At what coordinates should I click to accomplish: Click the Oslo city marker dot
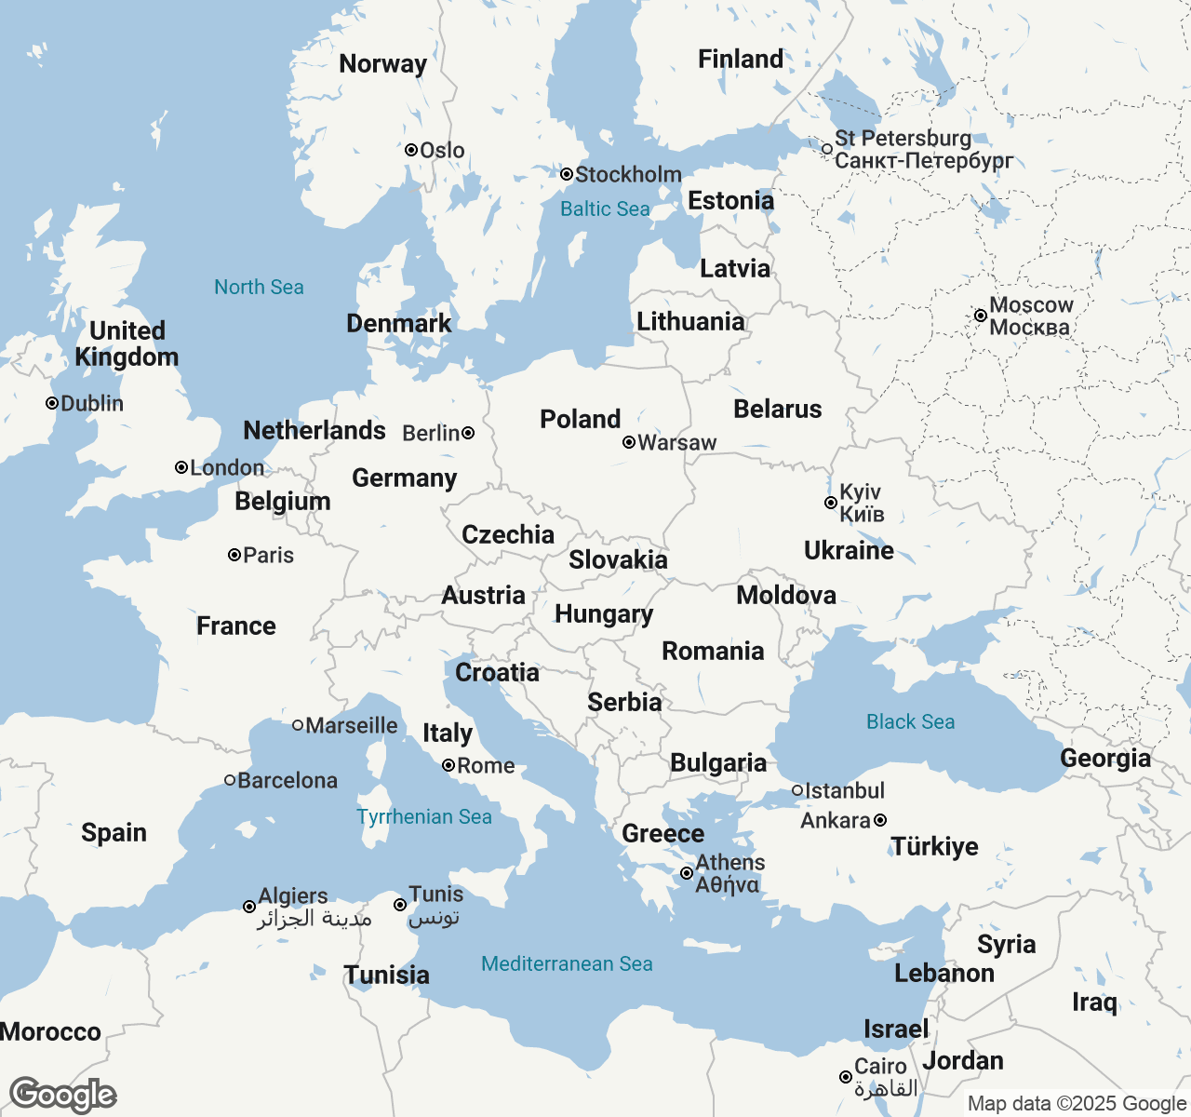pyautogui.click(x=411, y=150)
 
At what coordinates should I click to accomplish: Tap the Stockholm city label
pyautogui.click(x=628, y=174)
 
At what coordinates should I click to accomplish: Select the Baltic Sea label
pyautogui.click(x=605, y=209)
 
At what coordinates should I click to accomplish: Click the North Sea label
pyautogui.click(x=259, y=287)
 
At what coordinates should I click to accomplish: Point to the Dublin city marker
pyautogui.click(x=52, y=403)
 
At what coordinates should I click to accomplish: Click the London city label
pyautogui.click(x=227, y=467)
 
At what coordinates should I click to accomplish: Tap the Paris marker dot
pyautogui.click(x=234, y=555)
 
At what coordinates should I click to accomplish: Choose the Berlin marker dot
pyautogui.click(x=468, y=433)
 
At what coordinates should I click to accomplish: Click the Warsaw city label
pyautogui.click(x=677, y=443)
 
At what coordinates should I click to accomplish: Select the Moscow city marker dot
pyautogui.click(x=981, y=316)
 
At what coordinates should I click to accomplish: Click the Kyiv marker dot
pyautogui.click(x=831, y=503)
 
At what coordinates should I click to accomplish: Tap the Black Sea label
pyautogui.click(x=910, y=721)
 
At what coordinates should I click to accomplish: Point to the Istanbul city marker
pyautogui.click(x=797, y=790)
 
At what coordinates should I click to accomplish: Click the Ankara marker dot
pyautogui.click(x=880, y=820)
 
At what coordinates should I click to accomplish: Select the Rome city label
pyautogui.click(x=486, y=765)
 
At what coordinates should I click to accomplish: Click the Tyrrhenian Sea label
pyautogui.click(x=423, y=816)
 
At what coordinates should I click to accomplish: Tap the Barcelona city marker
pyautogui.click(x=230, y=780)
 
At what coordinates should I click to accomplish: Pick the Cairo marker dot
pyautogui.click(x=846, y=1077)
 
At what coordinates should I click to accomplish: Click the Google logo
pyautogui.click(x=62, y=1095)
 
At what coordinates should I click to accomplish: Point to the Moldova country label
pyautogui.click(x=786, y=595)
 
